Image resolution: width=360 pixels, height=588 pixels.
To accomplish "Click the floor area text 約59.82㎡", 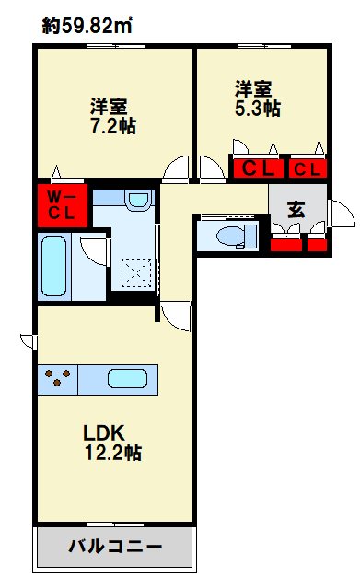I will tap(87, 27).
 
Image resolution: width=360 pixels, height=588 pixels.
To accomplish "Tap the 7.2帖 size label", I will tap(113, 126).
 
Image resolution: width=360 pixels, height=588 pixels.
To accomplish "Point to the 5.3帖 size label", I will tap(258, 109).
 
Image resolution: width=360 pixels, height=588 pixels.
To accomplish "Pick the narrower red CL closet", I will tap(308, 169).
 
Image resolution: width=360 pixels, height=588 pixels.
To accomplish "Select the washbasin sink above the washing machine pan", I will tap(138, 200).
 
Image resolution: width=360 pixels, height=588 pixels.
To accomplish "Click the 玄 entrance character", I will tap(296, 208).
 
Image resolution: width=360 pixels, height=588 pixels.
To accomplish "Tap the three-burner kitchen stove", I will tap(58, 378).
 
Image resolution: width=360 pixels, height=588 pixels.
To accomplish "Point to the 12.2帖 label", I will tap(113, 452).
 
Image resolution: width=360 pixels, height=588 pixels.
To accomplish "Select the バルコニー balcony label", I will tap(115, 547).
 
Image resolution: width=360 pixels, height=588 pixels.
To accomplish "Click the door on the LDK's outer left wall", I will tap(29, 341).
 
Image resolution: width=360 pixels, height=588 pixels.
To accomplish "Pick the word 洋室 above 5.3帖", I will tap(252, 88).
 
